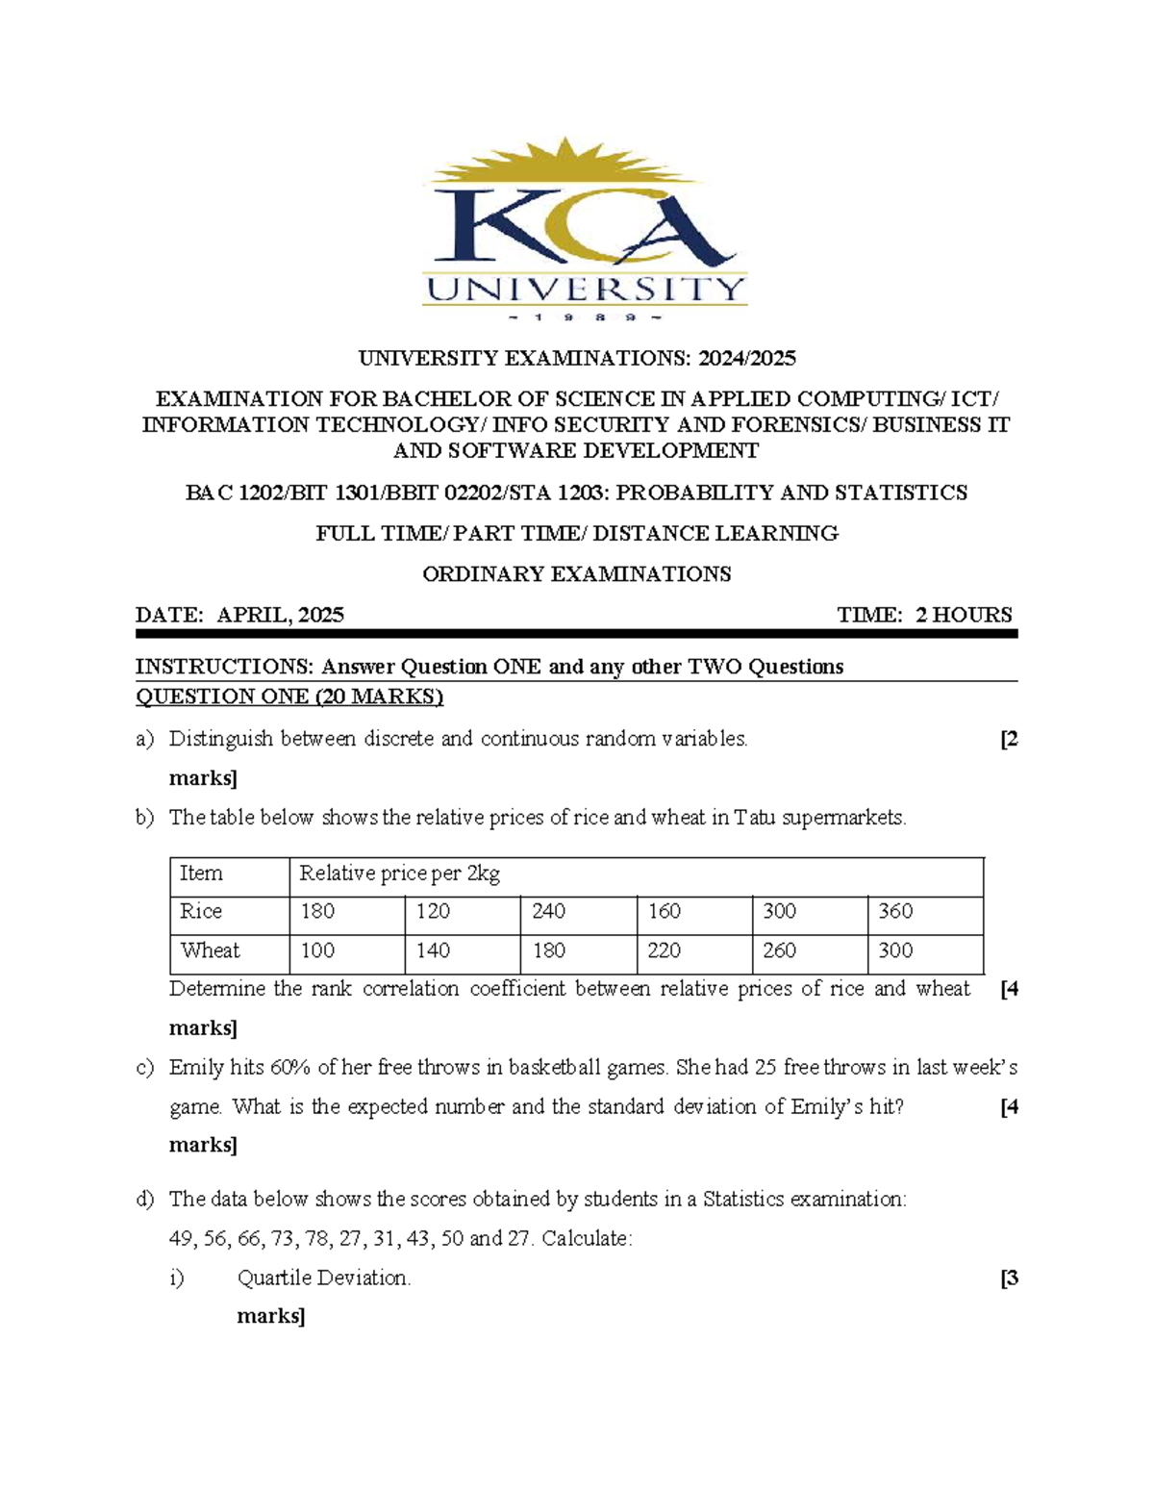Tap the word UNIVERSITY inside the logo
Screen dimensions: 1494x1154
586,290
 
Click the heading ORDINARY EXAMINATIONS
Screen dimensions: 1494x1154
577,574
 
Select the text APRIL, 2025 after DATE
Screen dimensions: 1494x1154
280,615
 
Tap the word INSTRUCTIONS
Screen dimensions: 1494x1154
223,667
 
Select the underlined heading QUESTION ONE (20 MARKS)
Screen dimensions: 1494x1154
289,696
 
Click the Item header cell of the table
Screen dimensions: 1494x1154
201,874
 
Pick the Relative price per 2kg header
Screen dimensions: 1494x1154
399,874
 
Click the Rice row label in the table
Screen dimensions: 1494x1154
201,911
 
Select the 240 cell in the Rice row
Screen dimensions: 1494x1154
548,911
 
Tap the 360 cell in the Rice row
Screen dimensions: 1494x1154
895,911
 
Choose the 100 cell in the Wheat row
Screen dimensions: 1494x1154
317,950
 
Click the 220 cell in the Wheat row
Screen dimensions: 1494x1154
664,950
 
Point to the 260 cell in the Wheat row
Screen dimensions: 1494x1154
779,950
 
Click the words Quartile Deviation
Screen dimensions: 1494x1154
323,1278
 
